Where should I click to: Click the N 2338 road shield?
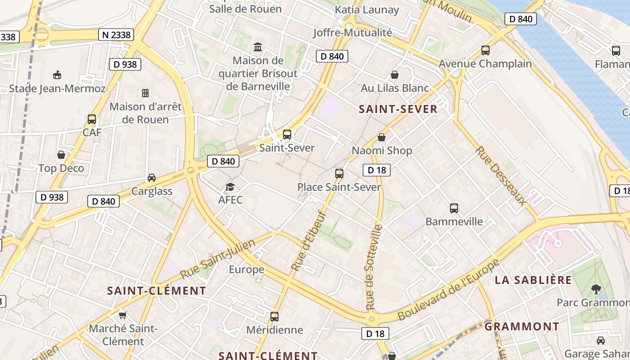116,35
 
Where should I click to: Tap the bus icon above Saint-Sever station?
287,134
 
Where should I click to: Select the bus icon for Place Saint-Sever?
339,173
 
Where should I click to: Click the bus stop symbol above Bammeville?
454,208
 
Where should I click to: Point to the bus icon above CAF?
92,119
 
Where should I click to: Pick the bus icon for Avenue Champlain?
485,50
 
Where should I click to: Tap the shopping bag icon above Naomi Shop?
382,137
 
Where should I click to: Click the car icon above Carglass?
152,178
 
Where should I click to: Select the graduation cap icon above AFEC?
230,187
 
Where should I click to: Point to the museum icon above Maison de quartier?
258,47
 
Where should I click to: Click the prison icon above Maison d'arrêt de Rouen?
145,93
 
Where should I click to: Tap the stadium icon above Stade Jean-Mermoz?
57,75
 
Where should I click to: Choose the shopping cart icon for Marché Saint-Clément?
122,315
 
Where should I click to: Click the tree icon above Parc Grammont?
596,288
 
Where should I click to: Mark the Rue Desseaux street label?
501,175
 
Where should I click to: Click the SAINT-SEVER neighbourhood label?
398,109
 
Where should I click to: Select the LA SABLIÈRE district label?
533,280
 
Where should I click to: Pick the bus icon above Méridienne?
274,316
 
